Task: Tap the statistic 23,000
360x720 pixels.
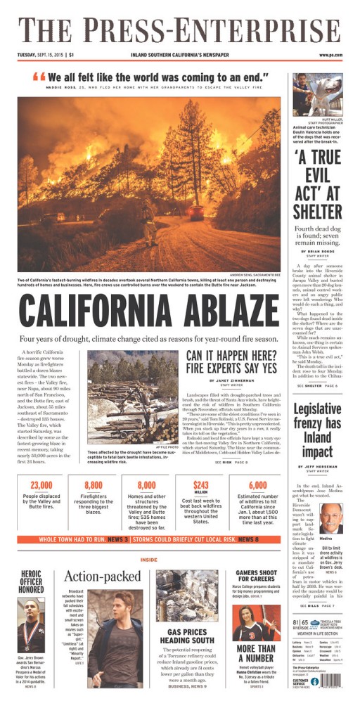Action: (x=41, y=484)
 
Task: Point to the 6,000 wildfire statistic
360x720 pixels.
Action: (x=257, y=484)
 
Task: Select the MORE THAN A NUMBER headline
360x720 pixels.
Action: (x=256, y=654)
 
